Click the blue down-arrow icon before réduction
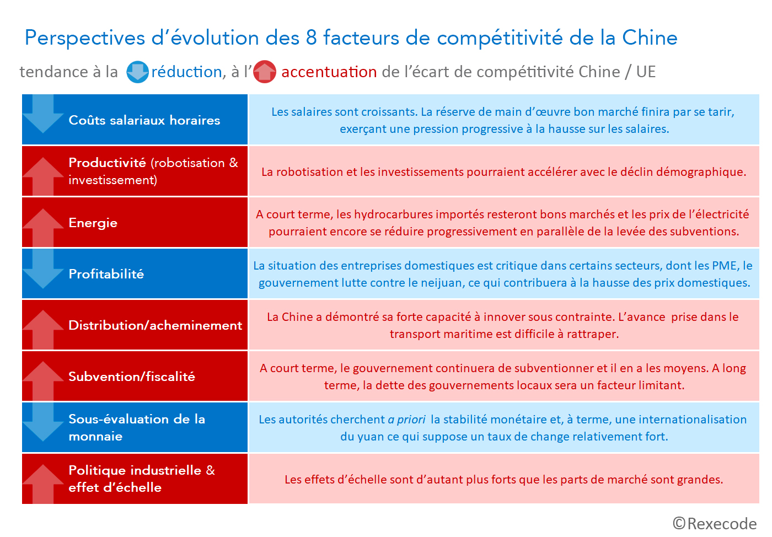[137, 72]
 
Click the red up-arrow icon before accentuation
[265, 72]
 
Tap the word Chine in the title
[650, 38]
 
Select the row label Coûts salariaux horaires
[144, 120]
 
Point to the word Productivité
[107, 163]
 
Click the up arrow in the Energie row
[43, 227]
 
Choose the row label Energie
[93, 223]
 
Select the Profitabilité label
[106, 274]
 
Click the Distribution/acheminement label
[155, 325]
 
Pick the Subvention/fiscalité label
[131, 377]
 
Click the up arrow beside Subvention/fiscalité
[43, 380]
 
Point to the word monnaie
[95, 436]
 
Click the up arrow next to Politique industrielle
[43, 484]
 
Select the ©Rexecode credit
[714, 523]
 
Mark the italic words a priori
[406, 420]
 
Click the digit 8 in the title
[312, 38]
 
